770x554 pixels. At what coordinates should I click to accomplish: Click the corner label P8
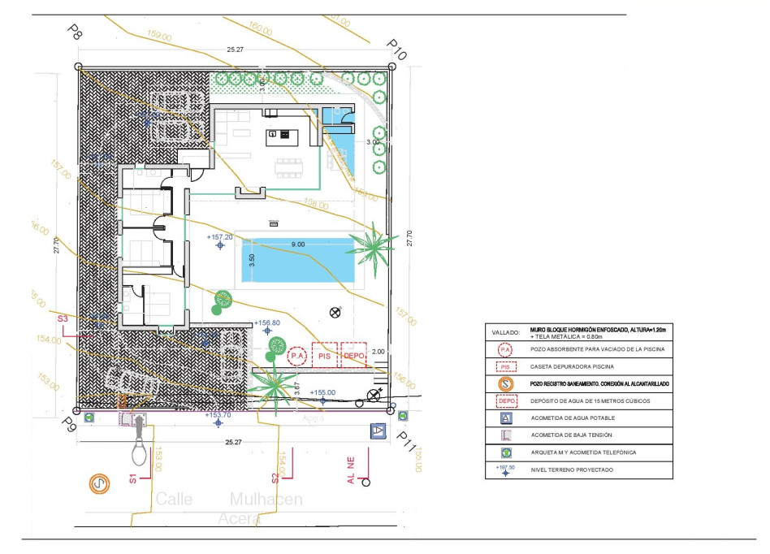(x=75, y=32)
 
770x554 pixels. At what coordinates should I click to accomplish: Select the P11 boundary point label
(x=406, y=441)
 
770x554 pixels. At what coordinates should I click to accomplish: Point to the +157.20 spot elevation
(x=220, y=237)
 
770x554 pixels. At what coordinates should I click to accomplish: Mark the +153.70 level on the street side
(x=218, y=414)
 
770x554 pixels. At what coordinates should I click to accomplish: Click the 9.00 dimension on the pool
(x=298, y=244)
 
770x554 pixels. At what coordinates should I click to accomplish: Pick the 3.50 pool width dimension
(x=252, y=261)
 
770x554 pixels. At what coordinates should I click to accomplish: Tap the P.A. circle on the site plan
(x=298, y=356)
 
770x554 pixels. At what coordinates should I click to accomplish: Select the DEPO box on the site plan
(x=353, y=356)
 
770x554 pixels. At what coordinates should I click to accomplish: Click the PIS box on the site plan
(x=325, y=356)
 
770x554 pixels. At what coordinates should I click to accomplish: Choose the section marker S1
(x=132, y=478)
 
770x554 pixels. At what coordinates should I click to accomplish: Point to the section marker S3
(x=63, y=318)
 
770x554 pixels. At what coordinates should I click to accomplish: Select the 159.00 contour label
(x=160, y=36)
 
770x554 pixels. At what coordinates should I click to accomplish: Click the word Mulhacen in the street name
(x=266, y=499)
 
